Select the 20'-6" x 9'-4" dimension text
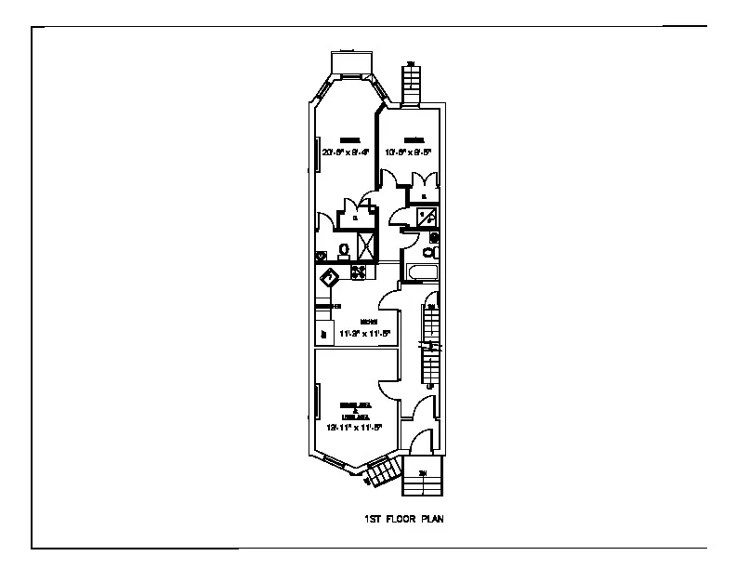[345, 152]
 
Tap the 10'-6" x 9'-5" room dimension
[409, 152]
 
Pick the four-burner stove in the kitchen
[358, 271]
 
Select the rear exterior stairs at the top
[410, 84]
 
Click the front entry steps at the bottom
[422, 480]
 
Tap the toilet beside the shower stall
[344, 249]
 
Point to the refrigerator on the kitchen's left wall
[323, 334]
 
